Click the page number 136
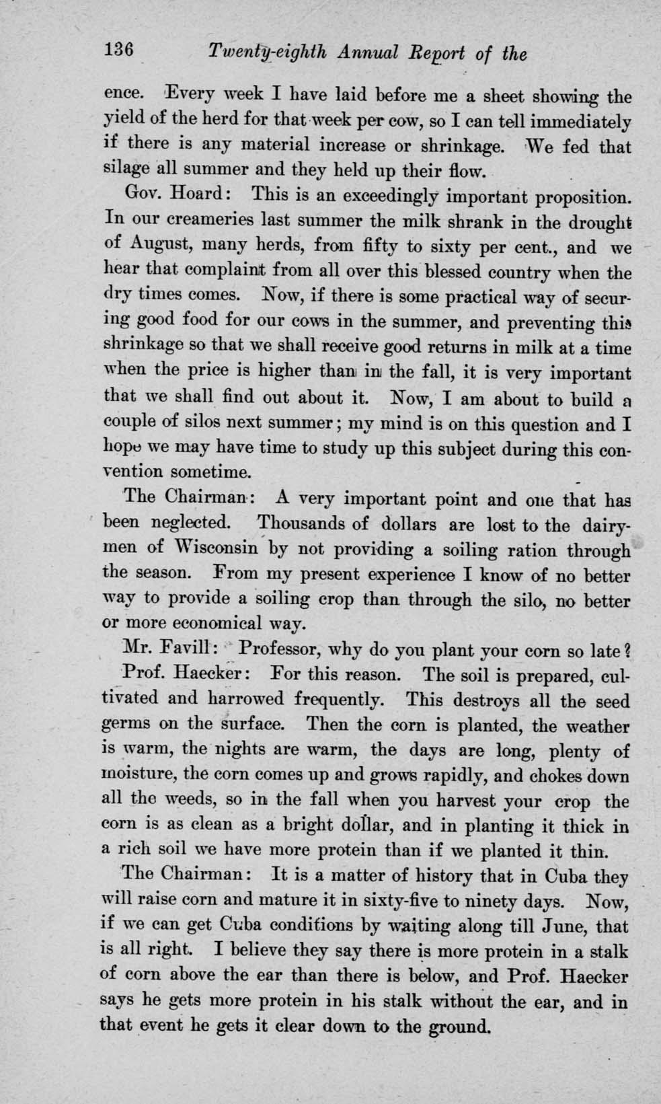click(x=120, y=50)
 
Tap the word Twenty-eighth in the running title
click(x=268, y=53)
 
